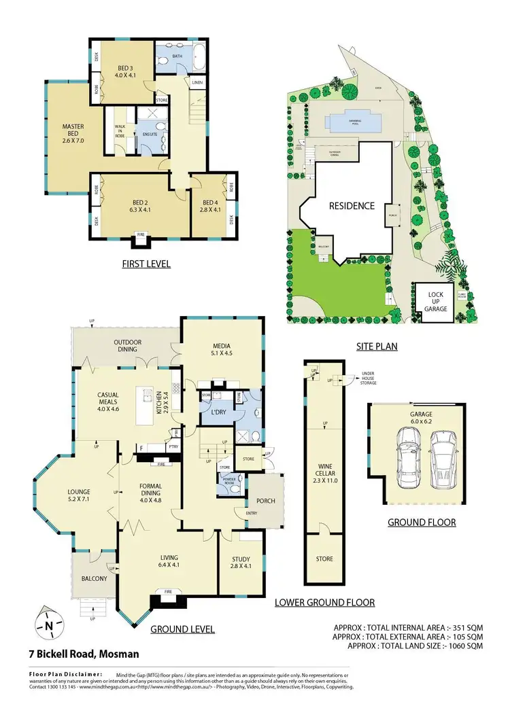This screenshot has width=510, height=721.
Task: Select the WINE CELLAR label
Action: pos(324,466)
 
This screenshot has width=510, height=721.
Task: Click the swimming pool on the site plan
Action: pos(352,121)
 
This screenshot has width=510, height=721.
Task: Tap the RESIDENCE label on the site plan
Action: pos(352,206)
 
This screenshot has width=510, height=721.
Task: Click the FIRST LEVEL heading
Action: pos(147,264)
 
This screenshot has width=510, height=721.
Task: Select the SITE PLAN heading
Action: pos(377,346)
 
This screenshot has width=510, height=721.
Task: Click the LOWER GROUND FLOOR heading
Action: pos(324,602)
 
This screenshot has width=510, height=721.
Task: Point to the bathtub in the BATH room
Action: pos(183,58)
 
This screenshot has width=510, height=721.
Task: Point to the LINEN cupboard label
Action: pos(198,82)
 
